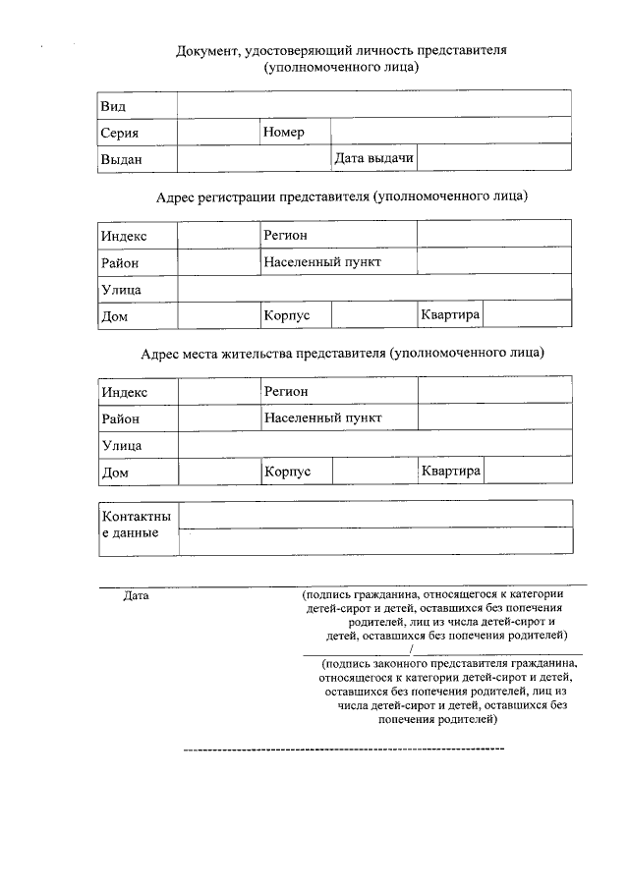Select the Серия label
[x=119, y=133]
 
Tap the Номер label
[x=284, y=132]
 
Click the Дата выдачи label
[x=373, y=158]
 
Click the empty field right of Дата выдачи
[x=494, y=158]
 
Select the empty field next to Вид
[x=373, y=105]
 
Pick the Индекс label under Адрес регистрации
[x=124, y=236]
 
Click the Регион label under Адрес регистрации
[x=286, y=235]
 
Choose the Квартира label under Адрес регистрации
[x=450, y=314]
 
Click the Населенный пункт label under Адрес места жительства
[x=322, y=417]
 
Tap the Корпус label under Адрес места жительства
[x=288, y=472]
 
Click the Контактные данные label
[x=136, y=525]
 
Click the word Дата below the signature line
[x=137, y=595]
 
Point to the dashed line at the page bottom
[x=344, y=750]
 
